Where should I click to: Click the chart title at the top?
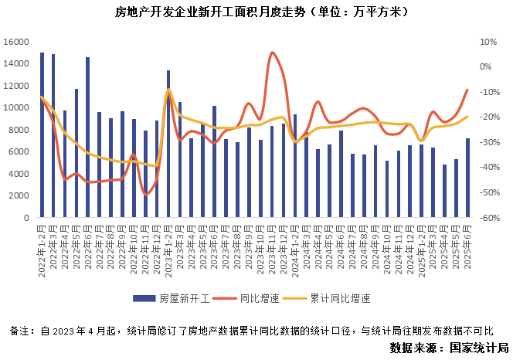(x=256, y=12)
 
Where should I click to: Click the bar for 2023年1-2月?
(x=168, y=144)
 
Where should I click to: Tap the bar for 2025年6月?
(x=467, y=178)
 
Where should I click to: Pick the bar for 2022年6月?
(x=87, y=138)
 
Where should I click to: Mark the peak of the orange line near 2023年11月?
(x=273, y=53)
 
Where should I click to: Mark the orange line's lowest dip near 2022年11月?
(x=145, y=194)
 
